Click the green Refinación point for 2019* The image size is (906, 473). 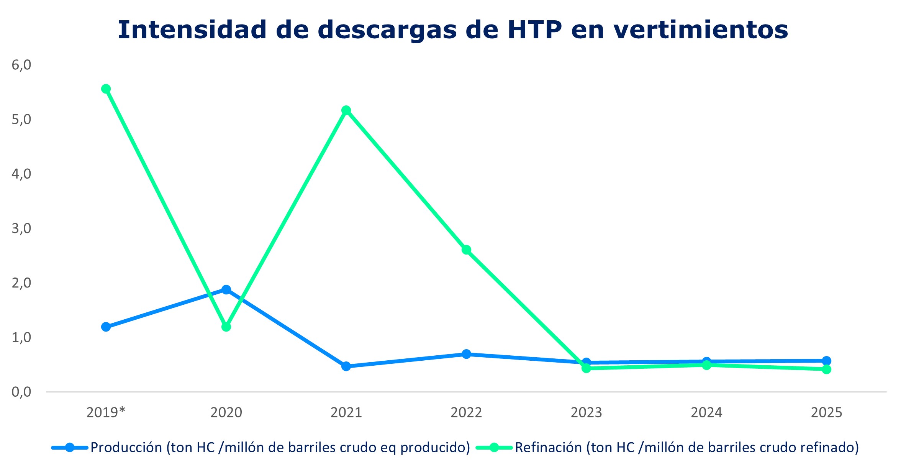(106, 89)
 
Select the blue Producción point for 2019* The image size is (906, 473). (106, 327)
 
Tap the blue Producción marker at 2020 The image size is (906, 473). (226, 289)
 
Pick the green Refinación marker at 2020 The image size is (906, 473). (226, 327)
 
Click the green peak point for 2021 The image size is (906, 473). (346, 110)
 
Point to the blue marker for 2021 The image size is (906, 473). (346, 366)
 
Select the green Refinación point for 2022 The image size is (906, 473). (466, 250)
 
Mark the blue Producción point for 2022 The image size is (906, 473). (466, 354)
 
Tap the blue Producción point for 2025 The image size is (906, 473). (826, 361)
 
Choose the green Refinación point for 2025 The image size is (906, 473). (826, 370)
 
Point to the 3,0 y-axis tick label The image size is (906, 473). (21, 228)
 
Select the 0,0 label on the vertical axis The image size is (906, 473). (21, 392)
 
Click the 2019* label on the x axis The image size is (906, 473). (106, 412)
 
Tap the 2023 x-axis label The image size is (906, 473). (586, 412)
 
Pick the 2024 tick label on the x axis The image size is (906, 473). (706, 412)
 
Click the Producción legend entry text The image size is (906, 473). (280, 447)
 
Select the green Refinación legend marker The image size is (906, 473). (494, 447)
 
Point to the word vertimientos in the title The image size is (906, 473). (701, 30)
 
